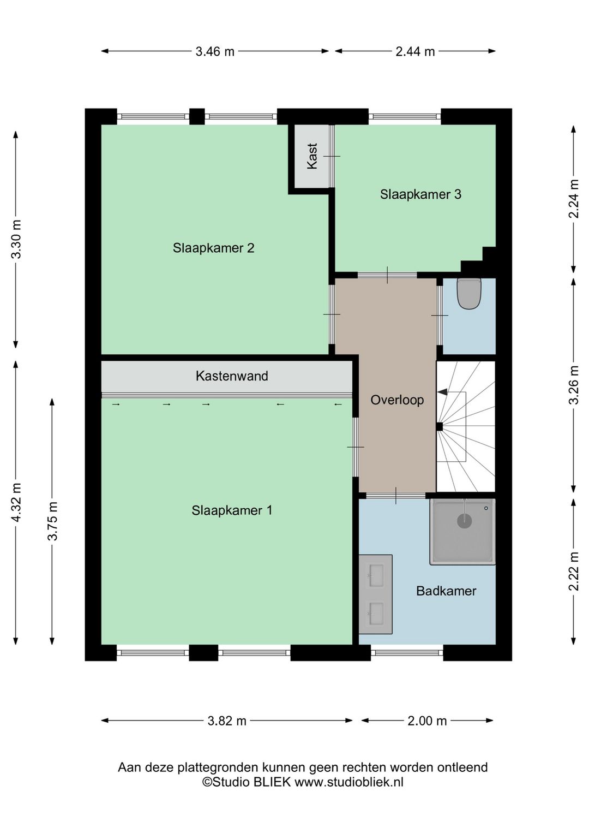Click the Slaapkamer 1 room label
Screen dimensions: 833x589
tap(232, 510)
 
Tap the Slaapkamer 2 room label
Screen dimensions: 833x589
tap(213, 248)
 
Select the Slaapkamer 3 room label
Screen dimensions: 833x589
tap(420, 194)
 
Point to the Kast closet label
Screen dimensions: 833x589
tap(312, 156)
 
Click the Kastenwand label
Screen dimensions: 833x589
tap(232, 376)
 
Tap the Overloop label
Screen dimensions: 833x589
tap(397, 400)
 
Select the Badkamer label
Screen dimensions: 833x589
tap(446, 591)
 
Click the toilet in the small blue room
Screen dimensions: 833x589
tap(468, 293)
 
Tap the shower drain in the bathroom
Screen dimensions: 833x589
tap(464, 521)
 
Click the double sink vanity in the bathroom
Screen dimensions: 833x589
tap(376, 594)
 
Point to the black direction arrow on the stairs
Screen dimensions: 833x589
tap(442, 391)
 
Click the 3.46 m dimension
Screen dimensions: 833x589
tap(215, 51)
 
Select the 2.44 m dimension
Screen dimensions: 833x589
tap(415, 51)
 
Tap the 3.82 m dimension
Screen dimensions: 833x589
tap(227, 721)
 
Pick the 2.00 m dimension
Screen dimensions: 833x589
tap(427, 721)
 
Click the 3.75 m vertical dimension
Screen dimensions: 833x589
tap(52, 521)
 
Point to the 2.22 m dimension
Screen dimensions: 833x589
tap(573, 571)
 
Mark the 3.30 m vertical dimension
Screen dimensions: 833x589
tap(16, 239)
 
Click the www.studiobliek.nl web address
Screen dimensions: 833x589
tap(349, 782)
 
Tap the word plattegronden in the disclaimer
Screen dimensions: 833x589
tap(219, 767)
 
